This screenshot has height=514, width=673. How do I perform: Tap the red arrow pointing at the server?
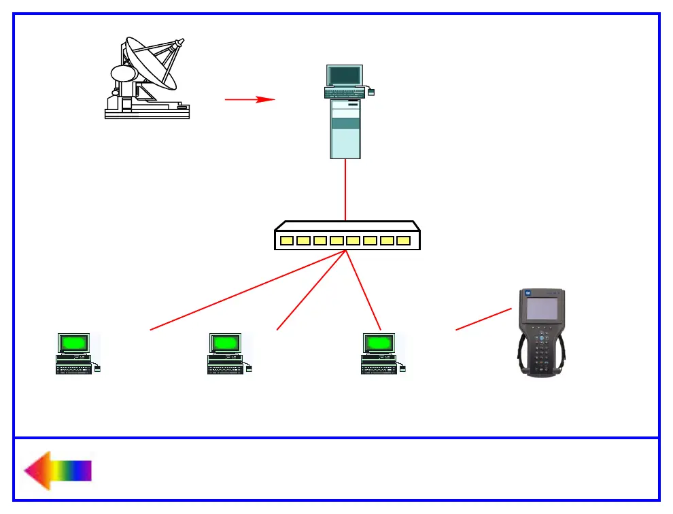(249, 99)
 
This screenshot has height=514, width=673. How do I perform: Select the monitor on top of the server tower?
(345, 75)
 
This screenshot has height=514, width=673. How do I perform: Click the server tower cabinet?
(345, 129)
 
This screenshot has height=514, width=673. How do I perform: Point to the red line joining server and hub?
(345, 190)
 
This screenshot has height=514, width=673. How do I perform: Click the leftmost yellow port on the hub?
(286, 241)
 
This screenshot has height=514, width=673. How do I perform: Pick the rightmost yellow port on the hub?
(404, 241)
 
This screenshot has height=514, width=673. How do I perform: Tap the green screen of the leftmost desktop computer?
(74, 343)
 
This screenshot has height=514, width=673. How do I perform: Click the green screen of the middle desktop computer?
(226, 343)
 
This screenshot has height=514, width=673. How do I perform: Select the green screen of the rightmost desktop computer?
(379, 343)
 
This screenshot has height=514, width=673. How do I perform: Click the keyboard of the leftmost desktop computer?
(73, 369)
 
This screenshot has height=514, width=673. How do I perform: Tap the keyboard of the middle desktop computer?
(225, 369)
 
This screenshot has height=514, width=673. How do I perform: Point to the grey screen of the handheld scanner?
(542, 308)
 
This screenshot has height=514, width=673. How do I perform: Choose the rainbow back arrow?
(57, 470)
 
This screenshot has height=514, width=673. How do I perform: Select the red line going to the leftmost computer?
(247, 290)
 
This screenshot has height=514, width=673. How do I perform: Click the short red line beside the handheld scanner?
(483, 320)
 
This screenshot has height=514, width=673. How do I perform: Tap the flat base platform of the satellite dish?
(147, 112)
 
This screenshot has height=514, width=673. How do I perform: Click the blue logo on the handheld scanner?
(528, 293)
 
